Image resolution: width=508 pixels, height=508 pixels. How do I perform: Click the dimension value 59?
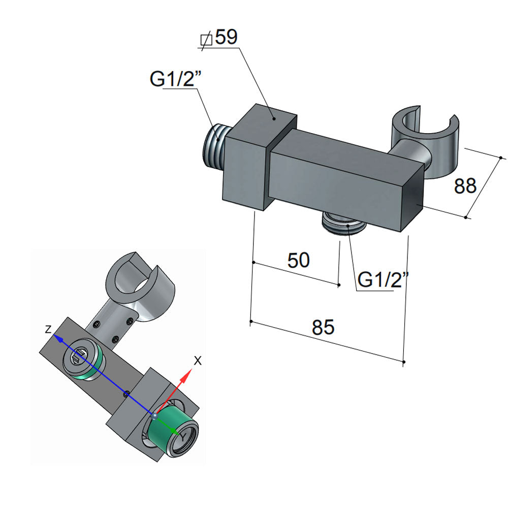point(226,38)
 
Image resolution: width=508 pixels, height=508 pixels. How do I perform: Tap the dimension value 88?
point(465,186)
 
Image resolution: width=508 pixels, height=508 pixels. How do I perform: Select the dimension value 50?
point(298,260)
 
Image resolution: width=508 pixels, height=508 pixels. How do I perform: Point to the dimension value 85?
point(323,328)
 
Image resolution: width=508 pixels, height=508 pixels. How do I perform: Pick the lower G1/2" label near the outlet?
point(383,280)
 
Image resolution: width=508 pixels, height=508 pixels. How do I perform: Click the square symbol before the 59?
point(206,39)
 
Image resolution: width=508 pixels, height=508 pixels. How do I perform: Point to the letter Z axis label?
point(48,329)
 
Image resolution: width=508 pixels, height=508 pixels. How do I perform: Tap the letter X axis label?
point(198,361)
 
